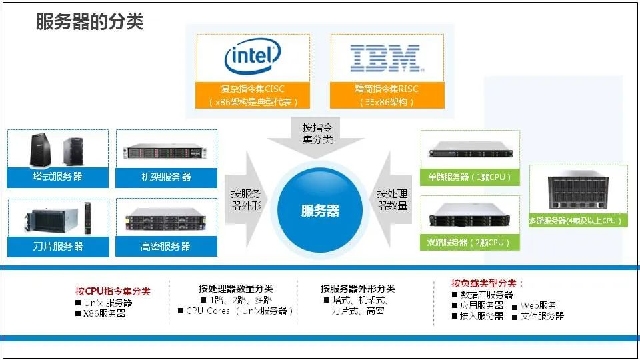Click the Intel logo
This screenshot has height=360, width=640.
point(253,58)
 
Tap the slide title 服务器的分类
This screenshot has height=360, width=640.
point(89,22)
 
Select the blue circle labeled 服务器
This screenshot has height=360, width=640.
point(321,211)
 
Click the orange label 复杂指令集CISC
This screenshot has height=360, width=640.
point(253,89)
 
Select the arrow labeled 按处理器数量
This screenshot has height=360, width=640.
point(393,200)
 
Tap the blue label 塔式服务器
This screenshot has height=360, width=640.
point(57,177)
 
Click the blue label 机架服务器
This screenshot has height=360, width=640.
point(166,177)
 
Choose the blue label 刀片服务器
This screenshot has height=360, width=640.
point(57,246)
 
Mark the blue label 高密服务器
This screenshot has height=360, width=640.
point(166,246)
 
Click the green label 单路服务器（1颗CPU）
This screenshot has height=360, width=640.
point(469,178)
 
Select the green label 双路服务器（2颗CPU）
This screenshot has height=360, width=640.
point(469,242)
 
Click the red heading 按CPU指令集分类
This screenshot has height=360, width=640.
point(113,291)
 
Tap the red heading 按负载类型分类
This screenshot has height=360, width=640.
point(487,283)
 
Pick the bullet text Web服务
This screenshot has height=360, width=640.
point(538,305)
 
